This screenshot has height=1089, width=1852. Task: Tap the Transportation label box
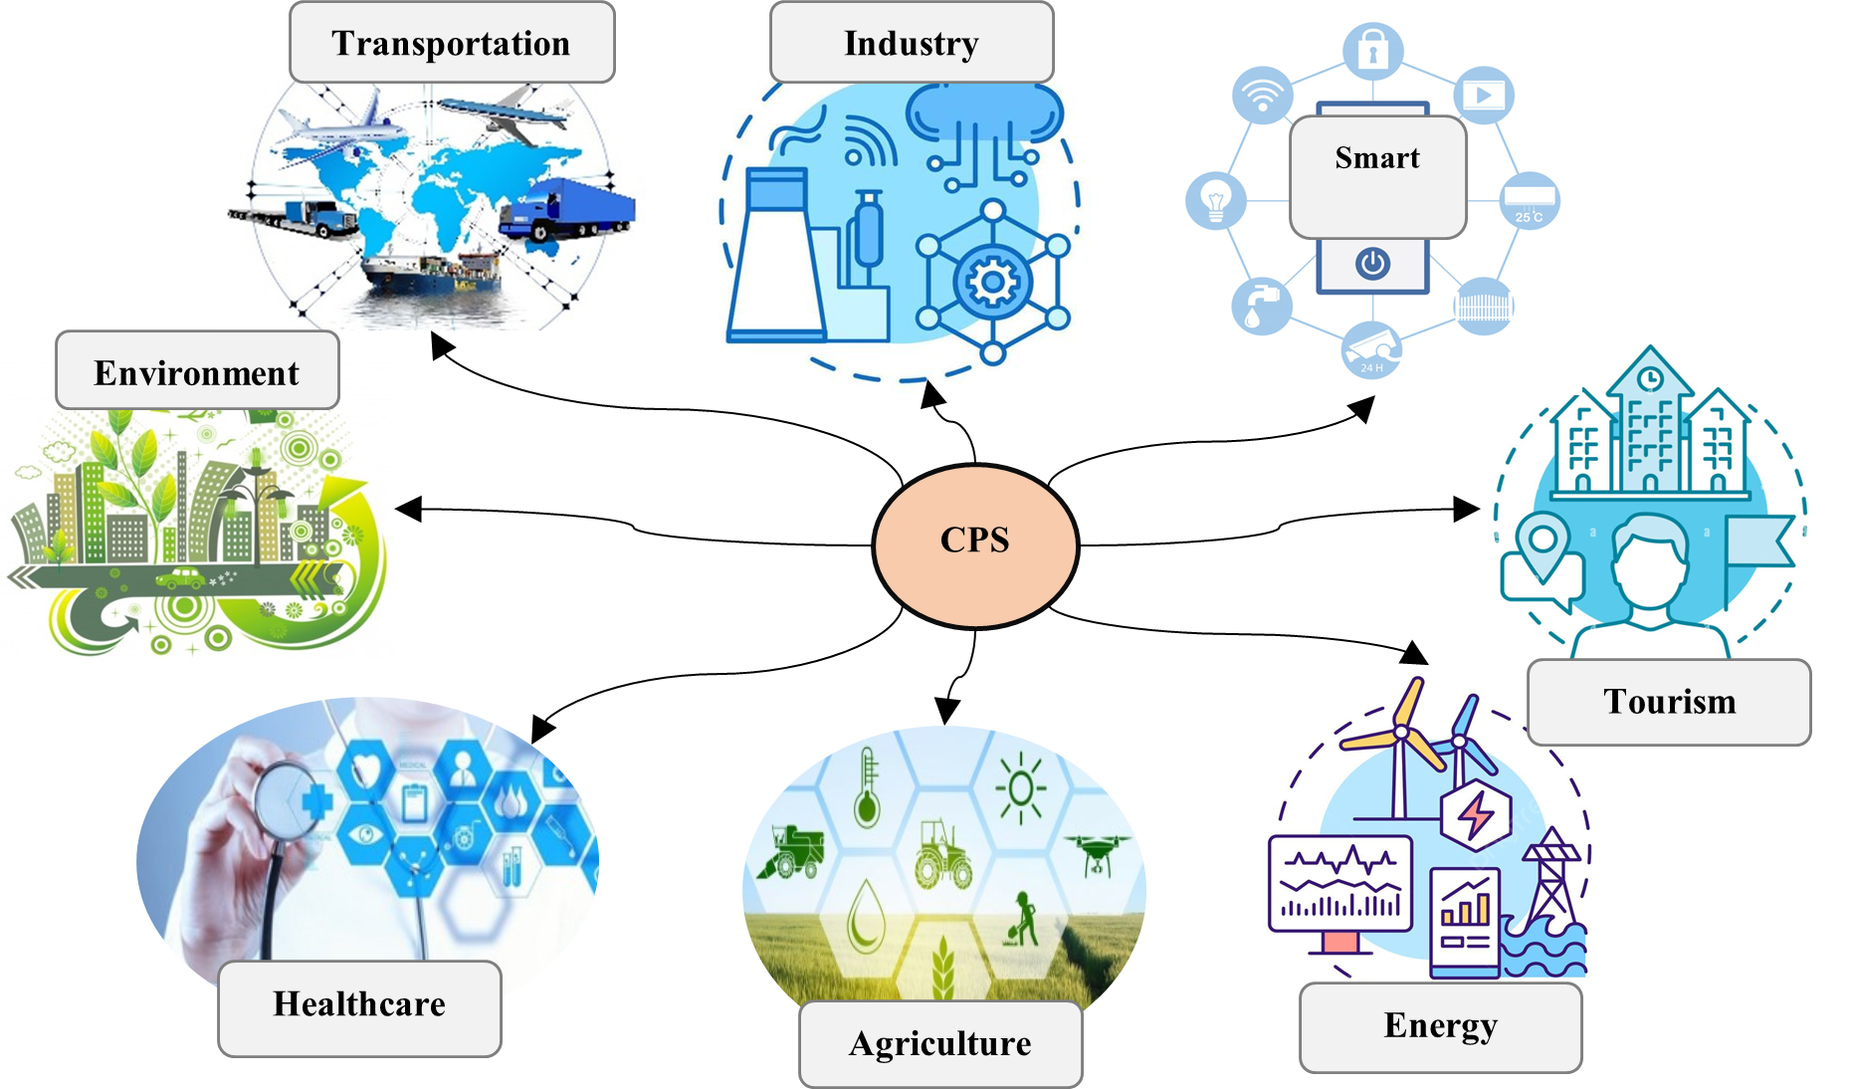point(452,43)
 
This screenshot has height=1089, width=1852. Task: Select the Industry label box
point(912,43)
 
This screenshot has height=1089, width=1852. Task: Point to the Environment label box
point(197,371)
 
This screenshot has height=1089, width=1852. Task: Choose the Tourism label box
point(1669,702)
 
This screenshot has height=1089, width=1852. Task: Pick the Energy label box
point(1440,1026)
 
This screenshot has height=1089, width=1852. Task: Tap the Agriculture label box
point(940,1043)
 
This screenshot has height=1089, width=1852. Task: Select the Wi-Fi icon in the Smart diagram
point(1262,97)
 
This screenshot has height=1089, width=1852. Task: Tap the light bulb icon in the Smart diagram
point(1216,200)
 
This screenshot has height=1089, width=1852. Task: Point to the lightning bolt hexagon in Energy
point(1476,815)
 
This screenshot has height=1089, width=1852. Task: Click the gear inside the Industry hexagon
point(991,283)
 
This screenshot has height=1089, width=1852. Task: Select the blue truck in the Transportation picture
point(567,209)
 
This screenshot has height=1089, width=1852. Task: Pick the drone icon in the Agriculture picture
point(1098,852)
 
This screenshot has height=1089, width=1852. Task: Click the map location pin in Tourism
point(1543,545)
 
